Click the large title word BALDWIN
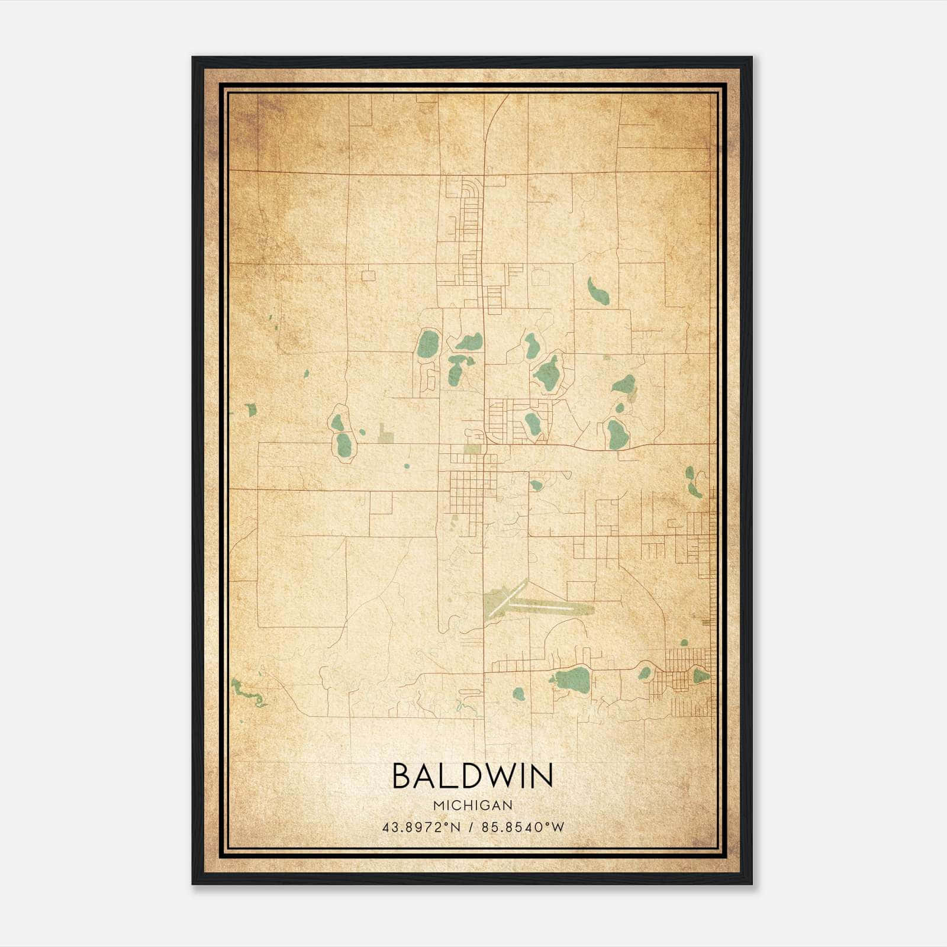pos(472,775)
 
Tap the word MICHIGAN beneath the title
pos(472,806)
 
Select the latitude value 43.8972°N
pos(421,827)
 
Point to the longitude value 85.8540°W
pos(523,827)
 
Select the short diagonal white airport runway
pos(507,598)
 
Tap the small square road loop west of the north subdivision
pos(368,275)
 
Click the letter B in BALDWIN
pos(402,775)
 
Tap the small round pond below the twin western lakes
pos(407,466)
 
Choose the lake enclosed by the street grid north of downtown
pos(532,423)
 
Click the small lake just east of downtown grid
pos(536,485)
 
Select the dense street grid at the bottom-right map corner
pos(687,681)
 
